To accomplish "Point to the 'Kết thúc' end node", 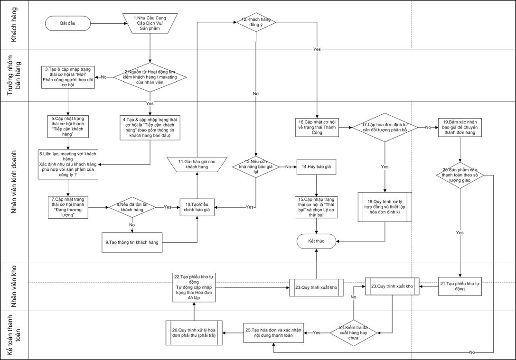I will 317,241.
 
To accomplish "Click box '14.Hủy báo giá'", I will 317,167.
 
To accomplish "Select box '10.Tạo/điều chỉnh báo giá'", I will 197,207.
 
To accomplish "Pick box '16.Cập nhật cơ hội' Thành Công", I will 317,128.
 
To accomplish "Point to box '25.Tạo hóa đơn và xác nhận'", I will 275,332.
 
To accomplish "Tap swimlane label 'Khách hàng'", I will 14,24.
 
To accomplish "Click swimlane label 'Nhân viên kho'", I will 14,286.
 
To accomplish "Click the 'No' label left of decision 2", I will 103,77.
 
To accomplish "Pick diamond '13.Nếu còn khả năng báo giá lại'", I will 256,167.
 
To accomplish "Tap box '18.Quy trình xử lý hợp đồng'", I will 385,208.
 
